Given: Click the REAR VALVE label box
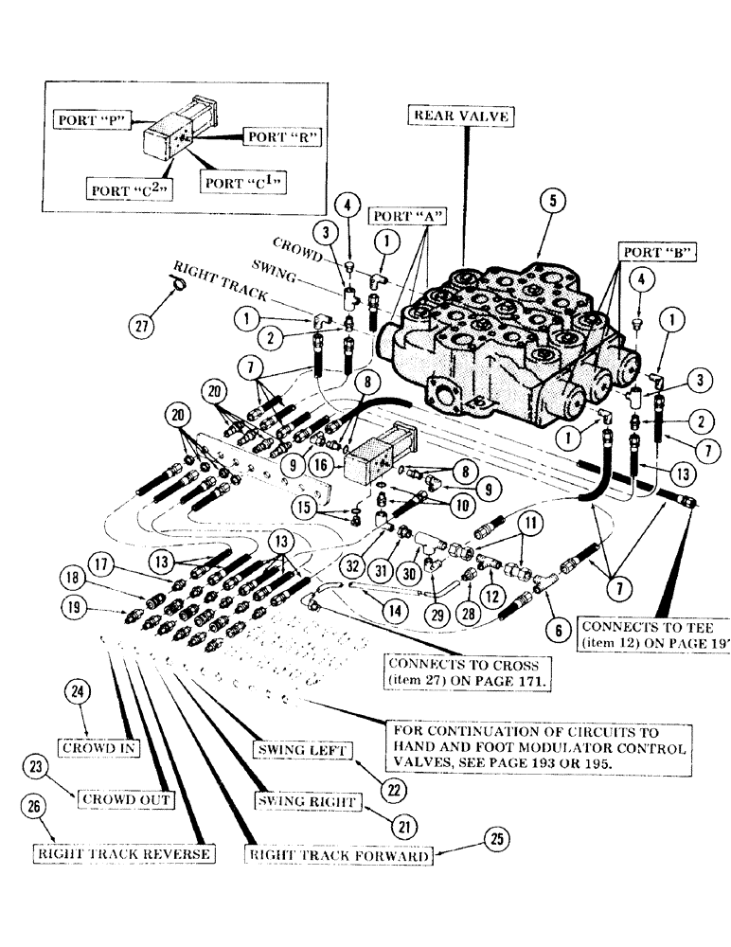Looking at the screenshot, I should coord(461,116).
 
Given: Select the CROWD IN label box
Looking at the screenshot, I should coord(99,747).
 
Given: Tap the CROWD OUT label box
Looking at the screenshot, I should coord(126,798).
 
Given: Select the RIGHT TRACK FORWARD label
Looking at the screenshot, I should coord(339,855).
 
